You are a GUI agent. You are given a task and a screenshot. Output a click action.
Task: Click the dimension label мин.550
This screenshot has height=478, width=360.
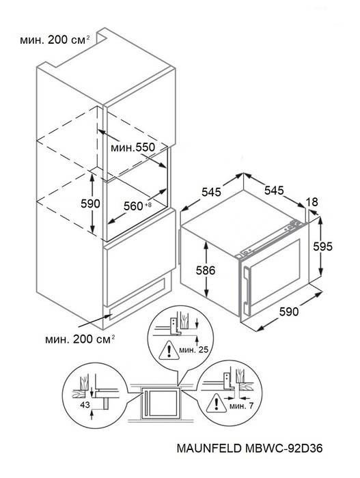133,148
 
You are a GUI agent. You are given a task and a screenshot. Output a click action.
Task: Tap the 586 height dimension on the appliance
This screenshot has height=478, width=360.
206,270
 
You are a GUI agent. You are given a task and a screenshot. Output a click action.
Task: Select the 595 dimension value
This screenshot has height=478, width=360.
323,247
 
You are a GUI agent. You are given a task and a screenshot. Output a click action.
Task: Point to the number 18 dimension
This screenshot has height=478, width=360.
311,202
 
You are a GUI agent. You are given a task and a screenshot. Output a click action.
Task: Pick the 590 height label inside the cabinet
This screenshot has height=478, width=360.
90,203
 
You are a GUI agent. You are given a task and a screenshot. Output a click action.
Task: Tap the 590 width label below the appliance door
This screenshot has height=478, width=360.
288,311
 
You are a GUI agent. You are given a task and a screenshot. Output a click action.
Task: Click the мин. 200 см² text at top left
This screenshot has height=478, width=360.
55,40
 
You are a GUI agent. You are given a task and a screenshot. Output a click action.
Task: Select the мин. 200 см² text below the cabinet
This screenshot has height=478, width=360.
80,339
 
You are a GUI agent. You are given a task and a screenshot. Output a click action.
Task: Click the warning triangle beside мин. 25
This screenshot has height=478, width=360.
169,350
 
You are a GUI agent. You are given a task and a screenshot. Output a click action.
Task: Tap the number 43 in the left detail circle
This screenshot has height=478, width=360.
85,405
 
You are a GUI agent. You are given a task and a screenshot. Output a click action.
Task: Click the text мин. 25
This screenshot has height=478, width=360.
194,350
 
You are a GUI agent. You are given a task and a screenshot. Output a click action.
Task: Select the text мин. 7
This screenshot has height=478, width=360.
241,406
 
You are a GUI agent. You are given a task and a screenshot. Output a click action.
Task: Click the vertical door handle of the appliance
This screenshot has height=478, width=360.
247,287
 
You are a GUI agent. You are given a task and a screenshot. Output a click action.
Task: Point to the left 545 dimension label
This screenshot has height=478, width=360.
212,192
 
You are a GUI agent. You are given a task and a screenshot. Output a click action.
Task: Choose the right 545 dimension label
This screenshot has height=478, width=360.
274,191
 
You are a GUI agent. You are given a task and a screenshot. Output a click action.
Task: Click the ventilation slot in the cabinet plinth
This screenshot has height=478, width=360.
137,298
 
